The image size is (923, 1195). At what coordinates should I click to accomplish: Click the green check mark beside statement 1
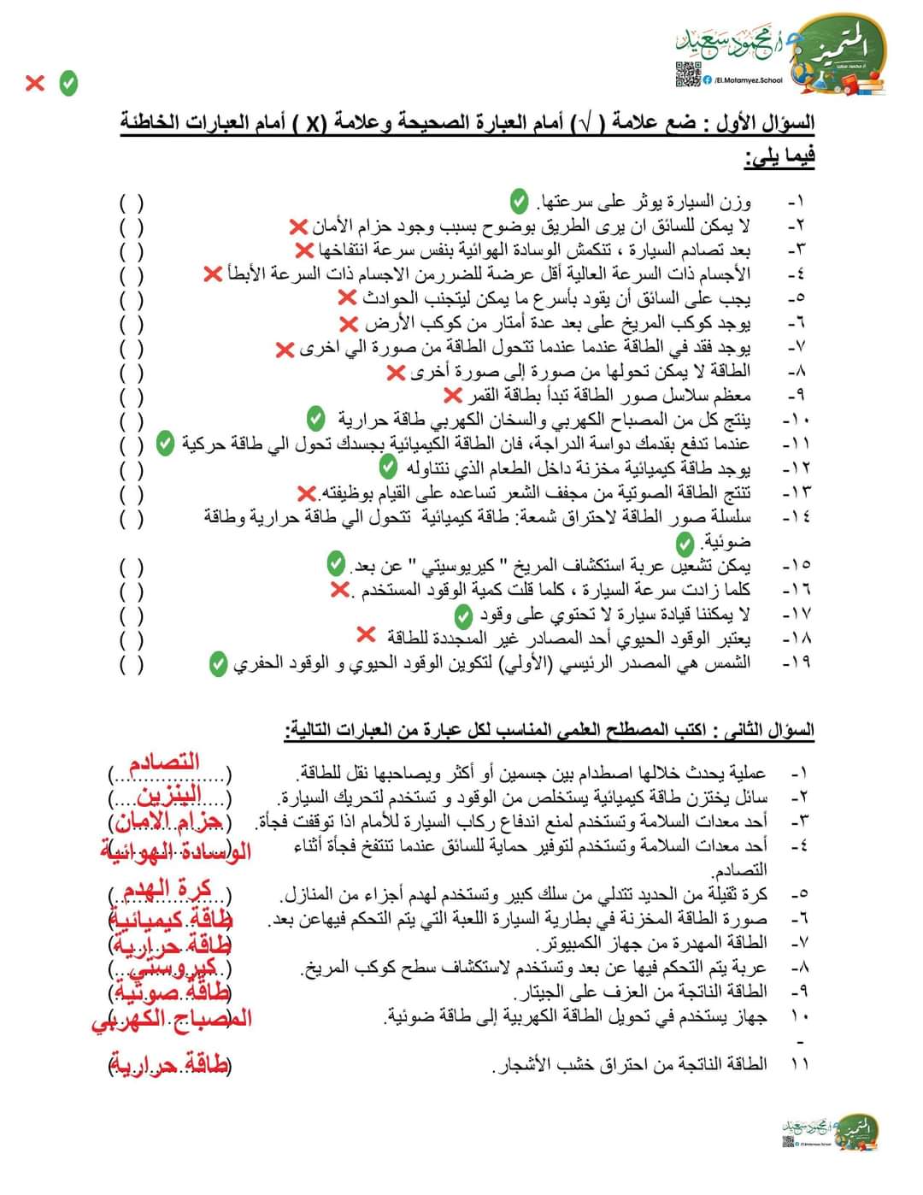(x=519, y=202)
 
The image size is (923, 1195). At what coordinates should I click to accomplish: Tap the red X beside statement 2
(x=297, y=227)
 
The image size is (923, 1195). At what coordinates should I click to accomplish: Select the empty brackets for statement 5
(x=132, y=300)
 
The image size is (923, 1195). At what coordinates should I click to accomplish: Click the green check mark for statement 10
(x=316, y=419)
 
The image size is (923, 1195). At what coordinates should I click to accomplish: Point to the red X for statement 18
(x=366, y=635)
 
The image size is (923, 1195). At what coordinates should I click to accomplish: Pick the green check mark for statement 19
(x=219, y=663)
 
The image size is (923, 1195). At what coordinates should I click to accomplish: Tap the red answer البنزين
(x=169, y=796)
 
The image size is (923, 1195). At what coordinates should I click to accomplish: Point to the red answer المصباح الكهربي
(x=172, y=1019)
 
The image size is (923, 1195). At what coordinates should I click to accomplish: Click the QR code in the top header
(x=687, y=74)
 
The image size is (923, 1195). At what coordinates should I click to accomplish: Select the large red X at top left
(x=35, y=83)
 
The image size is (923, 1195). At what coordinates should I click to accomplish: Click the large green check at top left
(x=68, y=83)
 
